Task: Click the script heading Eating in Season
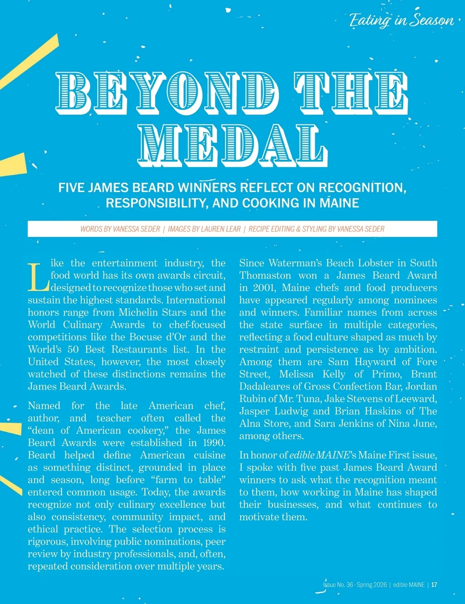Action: point(401,20)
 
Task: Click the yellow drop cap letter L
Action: point(38,277)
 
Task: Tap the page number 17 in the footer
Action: point(434,585)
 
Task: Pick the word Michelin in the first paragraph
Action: point(152,312)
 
